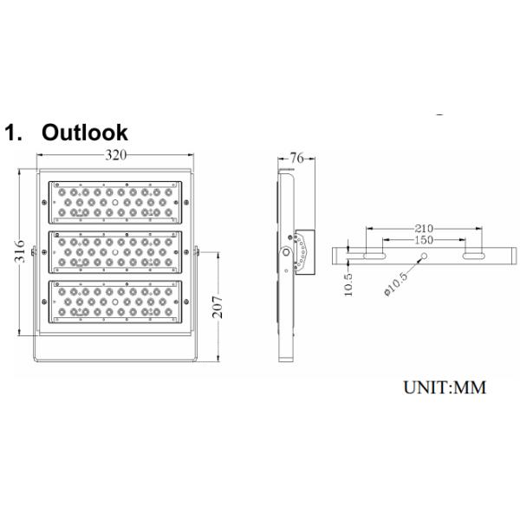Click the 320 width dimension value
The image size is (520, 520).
tap(116, 156)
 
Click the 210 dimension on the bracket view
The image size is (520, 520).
tap(424, 229)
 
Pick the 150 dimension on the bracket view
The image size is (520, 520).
tap(424, 239)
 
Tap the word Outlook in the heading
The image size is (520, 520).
tap(85, 133)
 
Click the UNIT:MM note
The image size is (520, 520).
tap(444, 387)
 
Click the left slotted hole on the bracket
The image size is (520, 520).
tap(374, 256)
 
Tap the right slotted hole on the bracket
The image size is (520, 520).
tap(474, 256)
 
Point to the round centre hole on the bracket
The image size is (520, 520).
tap(425, 256)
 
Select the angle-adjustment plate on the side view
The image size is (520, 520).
tap(302, 251)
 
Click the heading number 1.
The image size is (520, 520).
tap(13, 133)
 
